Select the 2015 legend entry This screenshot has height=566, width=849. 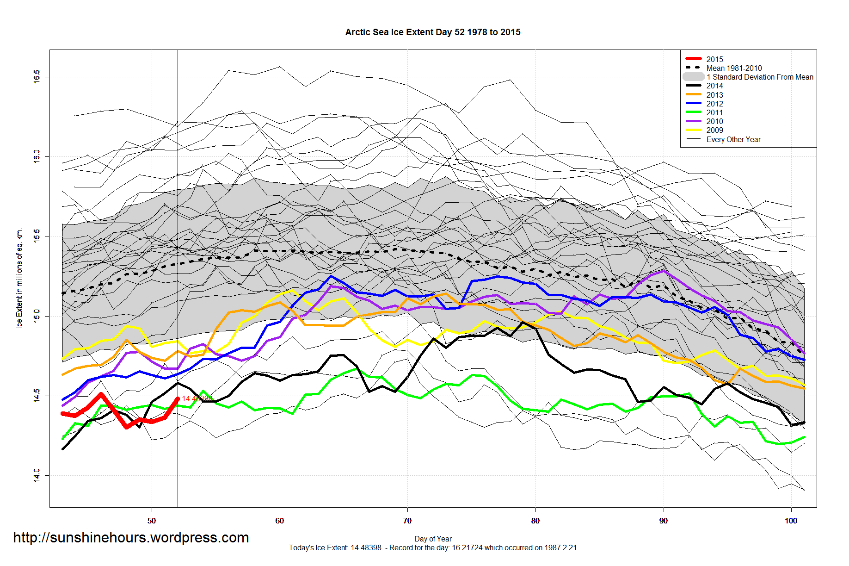coord(714,59)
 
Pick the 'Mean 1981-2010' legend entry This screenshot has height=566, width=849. coord(734,68)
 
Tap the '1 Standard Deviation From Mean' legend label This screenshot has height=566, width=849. coord(760,77)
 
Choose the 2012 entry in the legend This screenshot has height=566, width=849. coord(714,104)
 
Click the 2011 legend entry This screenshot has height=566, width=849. coord(714,112)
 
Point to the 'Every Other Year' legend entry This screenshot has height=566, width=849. coord(733,139)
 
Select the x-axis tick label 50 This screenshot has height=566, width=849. coord(152,521)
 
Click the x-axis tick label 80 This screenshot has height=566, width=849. coord(535,521)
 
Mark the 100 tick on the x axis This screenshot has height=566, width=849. coord(791,521)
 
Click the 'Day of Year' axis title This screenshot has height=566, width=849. coord(433,539)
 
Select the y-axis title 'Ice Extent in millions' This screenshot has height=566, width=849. coord(19,278)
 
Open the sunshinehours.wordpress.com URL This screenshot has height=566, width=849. coord(131,537)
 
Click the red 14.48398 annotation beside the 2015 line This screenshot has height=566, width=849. coord(197,398)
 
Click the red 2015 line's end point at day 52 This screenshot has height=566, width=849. coord(178,398)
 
